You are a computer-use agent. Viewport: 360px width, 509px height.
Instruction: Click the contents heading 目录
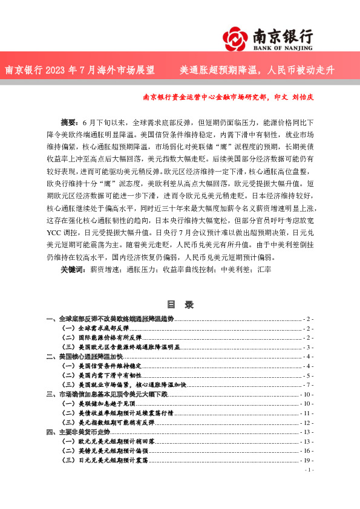click(180, 305)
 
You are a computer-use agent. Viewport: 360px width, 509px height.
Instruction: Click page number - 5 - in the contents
click(308, 375)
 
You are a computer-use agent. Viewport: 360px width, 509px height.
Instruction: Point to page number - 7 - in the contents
click(308, 385)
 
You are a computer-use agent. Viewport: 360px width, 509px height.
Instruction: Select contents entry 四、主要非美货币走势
click(78, 432)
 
